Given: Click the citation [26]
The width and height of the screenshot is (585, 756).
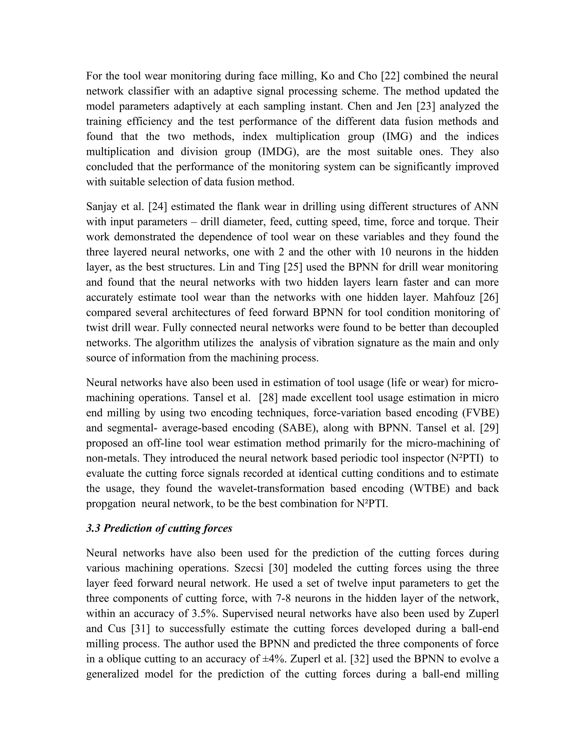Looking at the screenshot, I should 489,297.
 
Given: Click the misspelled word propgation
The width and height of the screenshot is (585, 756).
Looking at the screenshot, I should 111,504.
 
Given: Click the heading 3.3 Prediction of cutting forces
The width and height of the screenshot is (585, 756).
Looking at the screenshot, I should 159,528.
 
